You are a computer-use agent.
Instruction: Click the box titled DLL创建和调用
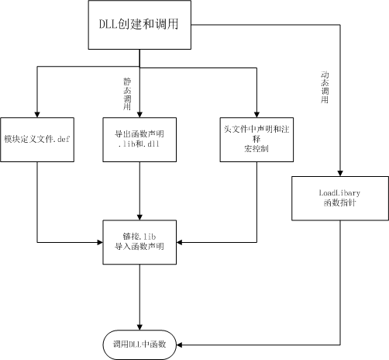click(140, 27)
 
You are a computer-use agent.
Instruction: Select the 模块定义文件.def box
click(37, 140)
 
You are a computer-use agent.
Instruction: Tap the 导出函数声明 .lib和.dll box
click(139, 140)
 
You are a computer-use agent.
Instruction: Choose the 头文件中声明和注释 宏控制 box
click(256, 140)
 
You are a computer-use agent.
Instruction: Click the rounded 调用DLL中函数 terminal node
click(140, 342)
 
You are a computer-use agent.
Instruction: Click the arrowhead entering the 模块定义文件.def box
click(37, 113)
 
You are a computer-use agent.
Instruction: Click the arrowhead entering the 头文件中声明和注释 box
click(256, 113)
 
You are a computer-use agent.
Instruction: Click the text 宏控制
click(256, 149)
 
